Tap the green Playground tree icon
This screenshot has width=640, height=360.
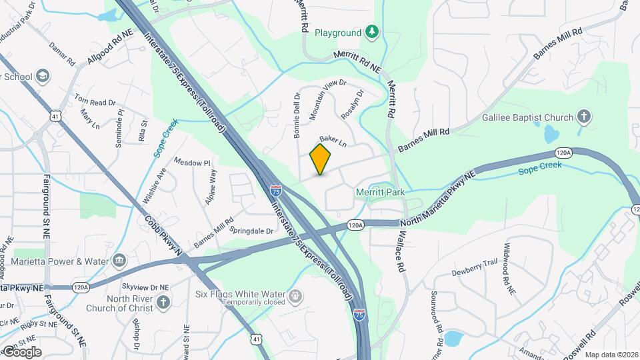[x=373, y=32]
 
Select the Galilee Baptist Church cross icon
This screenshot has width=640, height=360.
[x=584, y=117]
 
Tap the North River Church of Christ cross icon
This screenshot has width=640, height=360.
[x=164, y=304]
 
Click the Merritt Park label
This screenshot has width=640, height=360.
[x=380, y=192]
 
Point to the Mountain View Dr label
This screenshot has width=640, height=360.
[x=328, y=100]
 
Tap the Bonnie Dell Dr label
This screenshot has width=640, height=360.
[x=297, y=115]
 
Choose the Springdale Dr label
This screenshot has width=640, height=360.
[x=251, y=231]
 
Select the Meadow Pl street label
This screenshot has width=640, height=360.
[x=192, y=162]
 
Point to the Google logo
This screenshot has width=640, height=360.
[x=21, y=351]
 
